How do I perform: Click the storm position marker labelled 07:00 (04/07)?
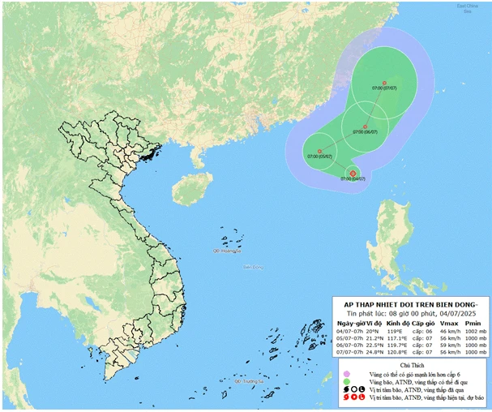[x=353, y=172]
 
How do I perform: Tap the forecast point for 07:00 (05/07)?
[x=320, y=151]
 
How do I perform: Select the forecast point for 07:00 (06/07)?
[x=366, y=127]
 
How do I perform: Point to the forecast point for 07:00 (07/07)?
[x=384, y=83]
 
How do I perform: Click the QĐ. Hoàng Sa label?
[x=228, y=251]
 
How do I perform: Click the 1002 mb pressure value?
[x=473, y=331]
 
